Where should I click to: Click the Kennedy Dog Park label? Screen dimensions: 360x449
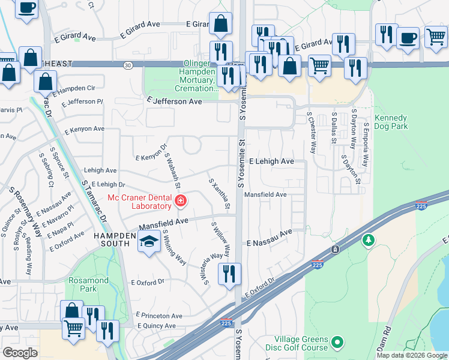tap(391, 122)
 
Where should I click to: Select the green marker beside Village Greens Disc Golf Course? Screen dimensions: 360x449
tap(337, 343)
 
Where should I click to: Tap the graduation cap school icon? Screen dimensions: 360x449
tap(148, 242)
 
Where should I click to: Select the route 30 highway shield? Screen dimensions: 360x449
tap(127, 64)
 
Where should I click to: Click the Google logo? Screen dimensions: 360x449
tap(20, 353)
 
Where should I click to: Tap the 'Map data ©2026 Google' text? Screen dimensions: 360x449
tap(411, 355)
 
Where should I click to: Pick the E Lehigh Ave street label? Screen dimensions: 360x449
tap(271, 161)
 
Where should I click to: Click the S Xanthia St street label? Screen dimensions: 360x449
tap(219, 194)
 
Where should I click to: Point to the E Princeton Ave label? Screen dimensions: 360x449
tap(159, 315)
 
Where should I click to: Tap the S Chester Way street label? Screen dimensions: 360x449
tap(311, 131)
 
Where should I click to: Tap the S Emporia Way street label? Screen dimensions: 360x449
tap(366, 146)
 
